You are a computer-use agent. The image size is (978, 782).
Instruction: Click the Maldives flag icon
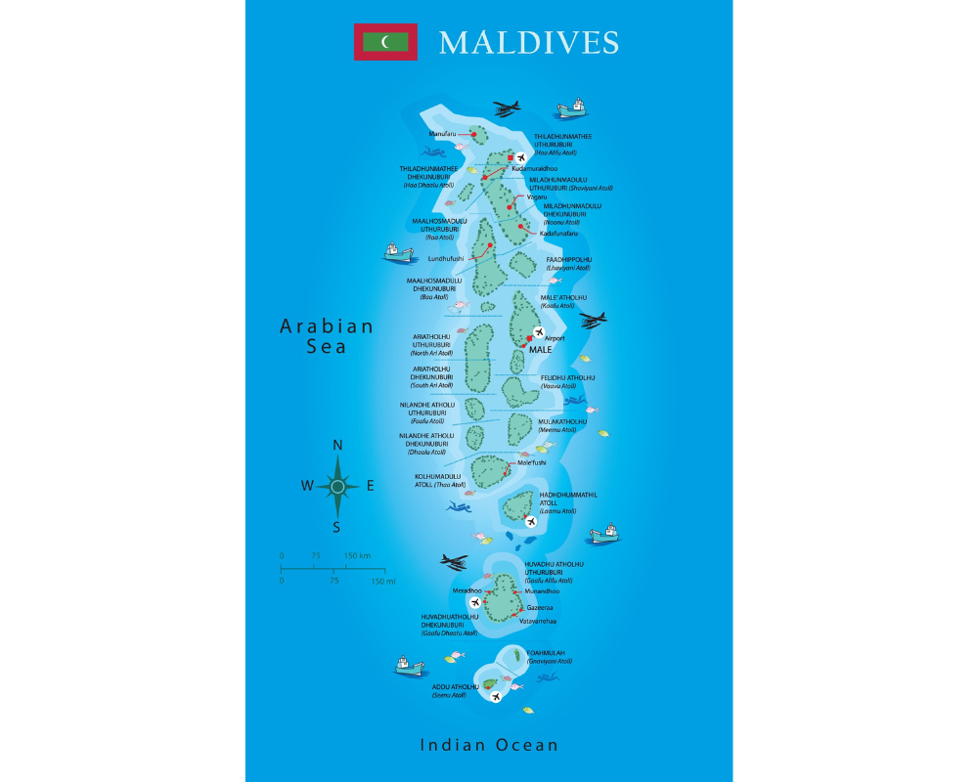[x=385, y=42]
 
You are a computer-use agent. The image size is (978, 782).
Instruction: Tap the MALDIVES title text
[x=528, y=43]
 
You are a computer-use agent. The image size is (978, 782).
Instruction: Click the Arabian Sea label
[x=327, y=336]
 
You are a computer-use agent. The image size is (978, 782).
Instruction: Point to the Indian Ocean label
[x=489, y=745]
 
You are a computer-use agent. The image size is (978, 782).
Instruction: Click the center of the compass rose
[x=337, y=486]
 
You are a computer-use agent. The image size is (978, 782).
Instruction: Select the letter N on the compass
[x=337, y=446]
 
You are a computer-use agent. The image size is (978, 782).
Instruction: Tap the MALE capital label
[x=541, y=349]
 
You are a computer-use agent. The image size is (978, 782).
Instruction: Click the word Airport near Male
[x=555, y=338]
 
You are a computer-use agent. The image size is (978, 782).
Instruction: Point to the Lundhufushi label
[x=446, y=258]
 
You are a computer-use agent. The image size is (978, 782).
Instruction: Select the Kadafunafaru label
[x=558, y=233]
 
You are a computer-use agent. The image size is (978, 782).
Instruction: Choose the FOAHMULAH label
[x=547, y=652]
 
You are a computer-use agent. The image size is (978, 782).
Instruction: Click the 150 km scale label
[x=358, y=555]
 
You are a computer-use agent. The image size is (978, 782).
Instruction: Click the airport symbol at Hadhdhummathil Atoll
[x=530, y=522]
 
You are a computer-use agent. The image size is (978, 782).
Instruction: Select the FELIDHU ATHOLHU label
[x=568, y=377]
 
